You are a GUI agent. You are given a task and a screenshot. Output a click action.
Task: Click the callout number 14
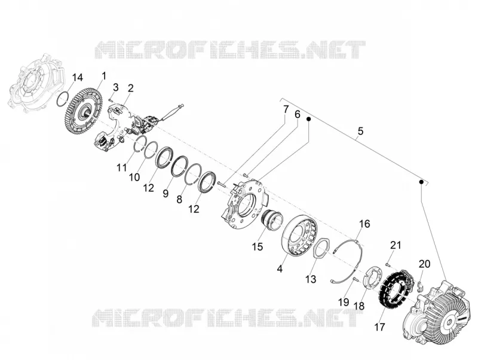78,78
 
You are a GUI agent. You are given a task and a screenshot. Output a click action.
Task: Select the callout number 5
361,131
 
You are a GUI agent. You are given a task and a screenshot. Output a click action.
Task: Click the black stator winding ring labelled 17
396,288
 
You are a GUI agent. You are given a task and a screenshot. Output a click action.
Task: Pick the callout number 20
424,263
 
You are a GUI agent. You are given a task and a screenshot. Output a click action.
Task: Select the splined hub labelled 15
272,221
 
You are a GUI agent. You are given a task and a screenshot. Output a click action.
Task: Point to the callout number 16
364,224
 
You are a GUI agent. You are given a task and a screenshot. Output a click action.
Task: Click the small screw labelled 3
111,98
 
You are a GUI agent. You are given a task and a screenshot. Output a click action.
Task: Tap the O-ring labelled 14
64,98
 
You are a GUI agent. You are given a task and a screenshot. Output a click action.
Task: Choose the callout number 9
166,193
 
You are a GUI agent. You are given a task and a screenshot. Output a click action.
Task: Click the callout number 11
122,167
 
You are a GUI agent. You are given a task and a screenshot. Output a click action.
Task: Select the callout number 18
360,306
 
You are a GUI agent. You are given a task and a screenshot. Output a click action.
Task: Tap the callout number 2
130,89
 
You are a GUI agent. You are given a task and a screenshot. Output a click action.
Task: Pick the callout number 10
134,177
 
